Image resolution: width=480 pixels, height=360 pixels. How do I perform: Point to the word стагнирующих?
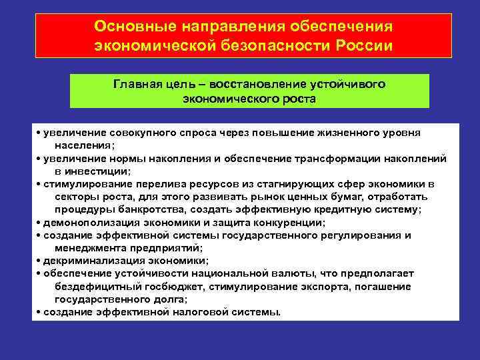[x=301, y=183]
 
